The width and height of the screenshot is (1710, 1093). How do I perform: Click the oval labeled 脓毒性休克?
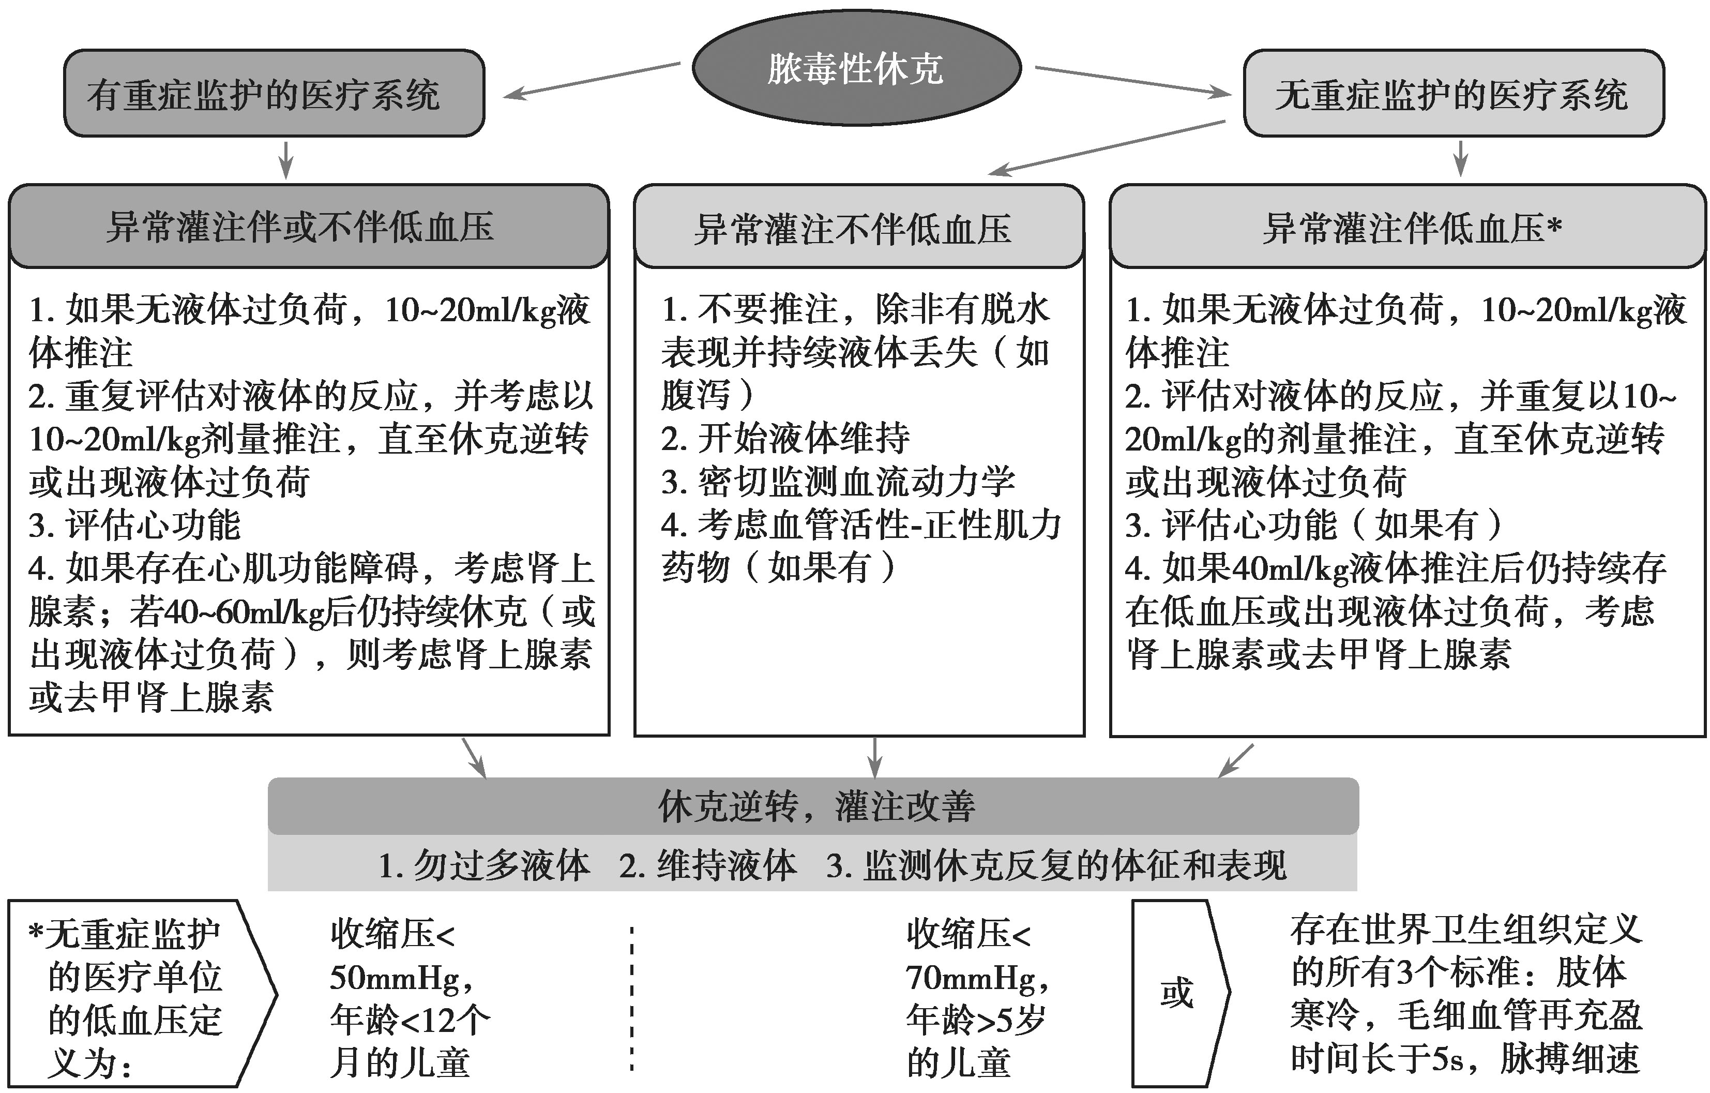pyautogui.click(x=856, y=68)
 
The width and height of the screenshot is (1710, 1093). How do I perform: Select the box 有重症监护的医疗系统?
pyautogui.click(x=274, y=93)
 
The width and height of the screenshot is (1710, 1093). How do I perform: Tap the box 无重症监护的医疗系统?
pyautogui.click(x=1454, y=93)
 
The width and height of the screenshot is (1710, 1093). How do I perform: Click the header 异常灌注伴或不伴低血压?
pyautogui.click(x=309, y=227)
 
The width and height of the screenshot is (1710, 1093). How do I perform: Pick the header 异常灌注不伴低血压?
pyautogui.click(x=859, y=227)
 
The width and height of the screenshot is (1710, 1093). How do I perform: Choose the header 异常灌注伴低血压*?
pyautogui.click(x=1408, y=227)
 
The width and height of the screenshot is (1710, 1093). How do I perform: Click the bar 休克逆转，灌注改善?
pyautogui.click(x=813, y=806)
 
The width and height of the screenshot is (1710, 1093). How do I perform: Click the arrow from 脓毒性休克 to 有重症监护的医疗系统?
pyautogui.click(x=592, y=80)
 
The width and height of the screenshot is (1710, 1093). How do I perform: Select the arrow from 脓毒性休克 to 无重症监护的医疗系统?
pyautogui.click(x=1132, y=80)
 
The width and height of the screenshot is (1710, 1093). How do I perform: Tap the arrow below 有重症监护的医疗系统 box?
pyautogui.click(x=285, y=160)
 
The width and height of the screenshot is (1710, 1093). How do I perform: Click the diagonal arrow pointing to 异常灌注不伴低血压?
pyautogui.click(x=1107, y=148)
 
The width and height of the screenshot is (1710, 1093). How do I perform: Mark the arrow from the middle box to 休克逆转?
pyautogui.click(x=875, y=757)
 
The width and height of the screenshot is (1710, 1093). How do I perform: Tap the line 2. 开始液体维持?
pyautogui.click(x=785, y=438)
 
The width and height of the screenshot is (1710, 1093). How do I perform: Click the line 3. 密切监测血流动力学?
pyautogui.click(x=838, y=482)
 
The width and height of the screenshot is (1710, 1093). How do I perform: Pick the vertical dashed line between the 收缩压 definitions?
pyautogui.click(x=631, y=998)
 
